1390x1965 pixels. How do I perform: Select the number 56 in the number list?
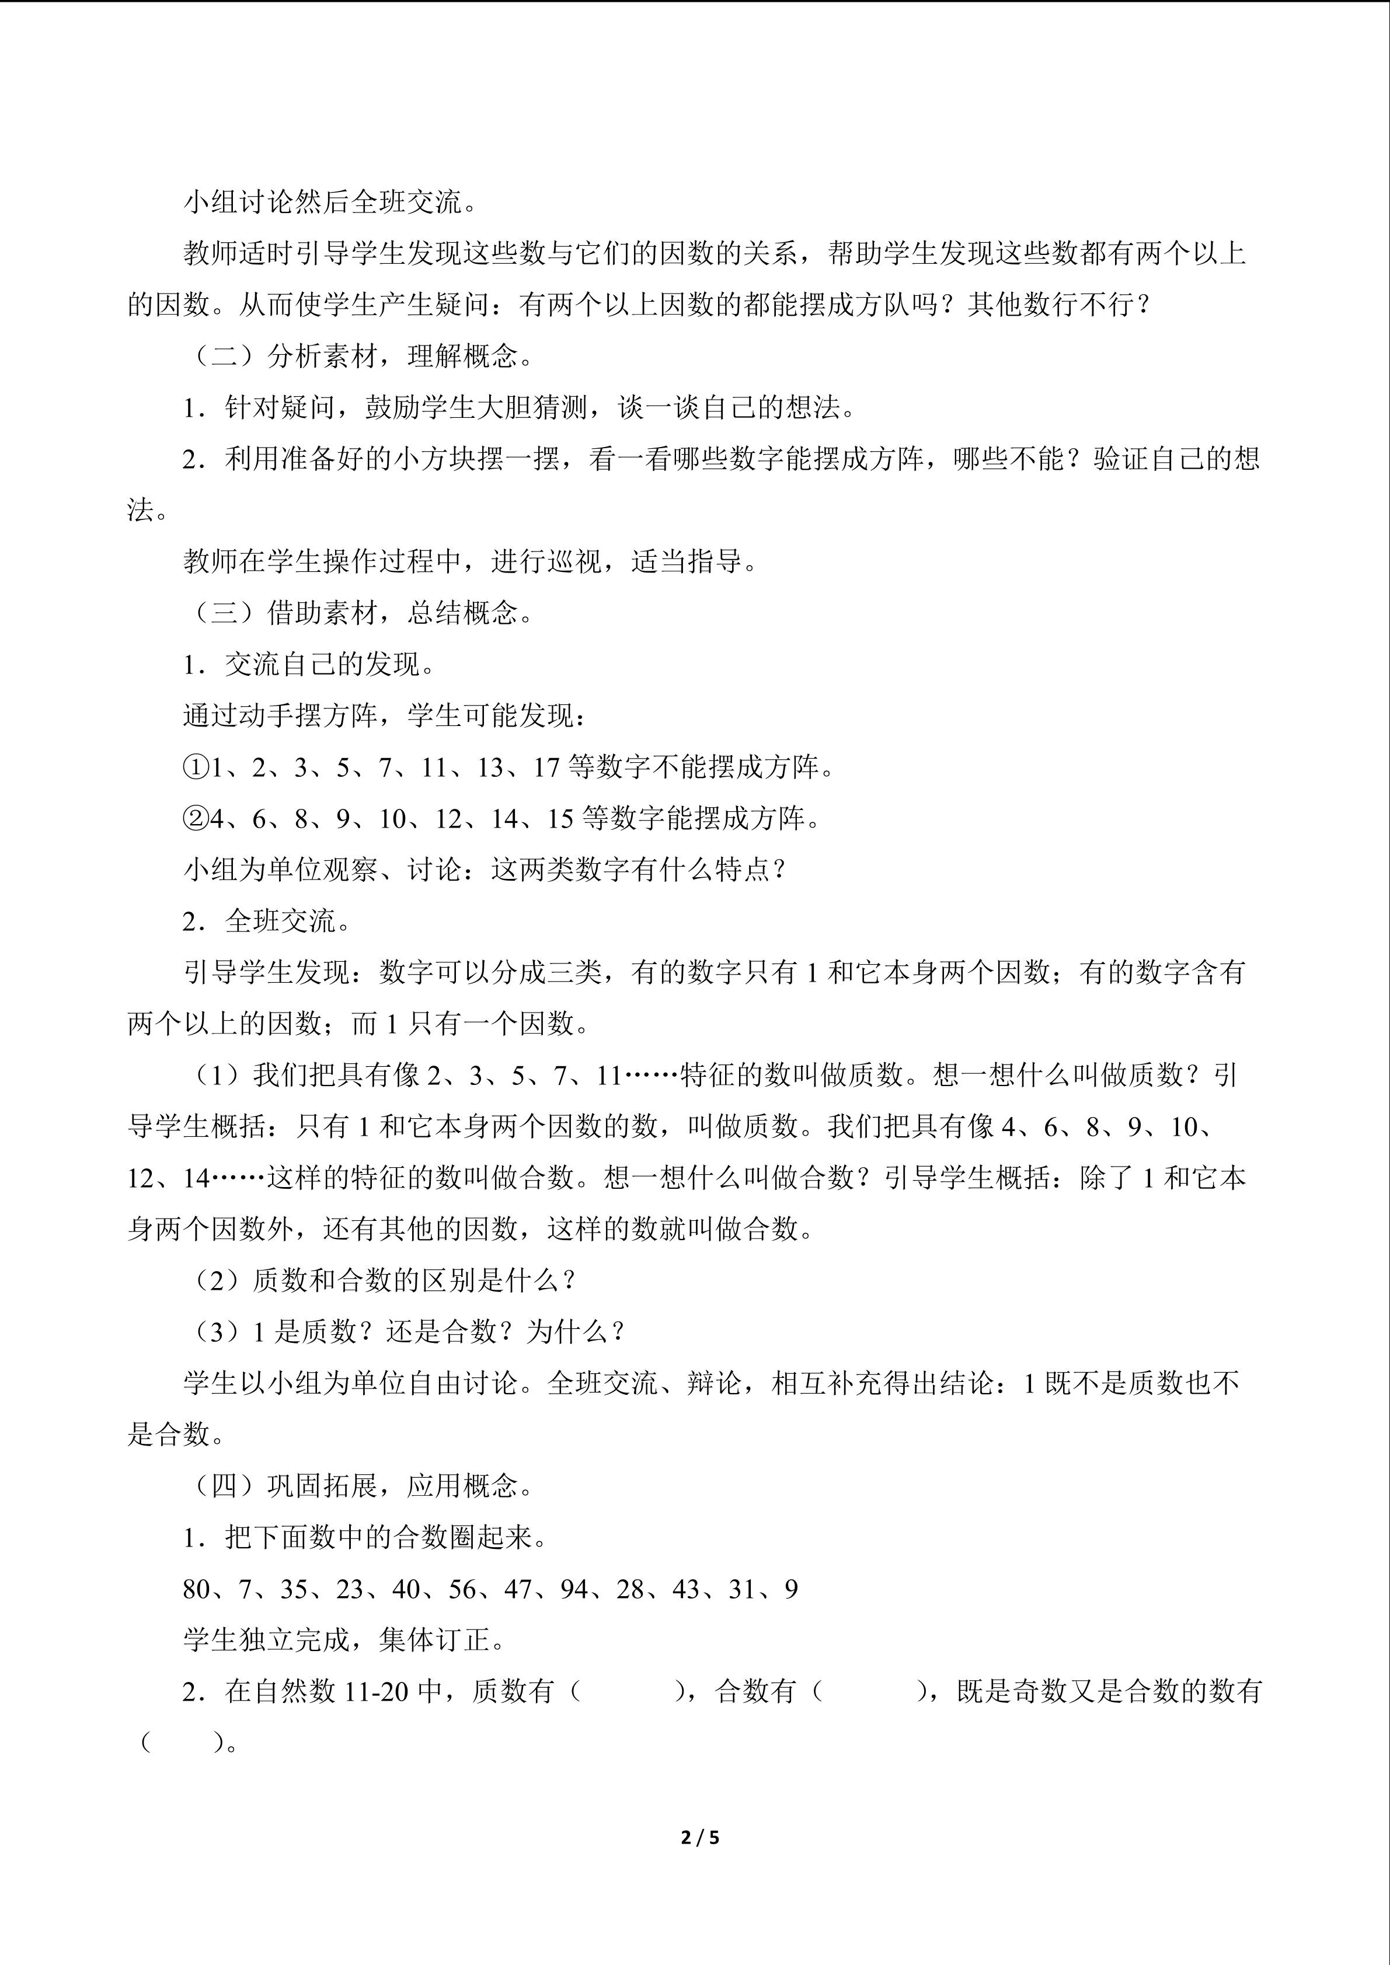tap(462, 1589)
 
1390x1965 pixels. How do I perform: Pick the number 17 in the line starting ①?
tap(546, 767)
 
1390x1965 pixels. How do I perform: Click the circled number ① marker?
tap(195, 767)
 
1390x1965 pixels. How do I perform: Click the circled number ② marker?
tap(195, 819)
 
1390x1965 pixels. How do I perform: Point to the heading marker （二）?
tap(224, 356)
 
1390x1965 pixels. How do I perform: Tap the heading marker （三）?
tap(224, 613)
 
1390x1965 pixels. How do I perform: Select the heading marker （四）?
tap(224, 1486)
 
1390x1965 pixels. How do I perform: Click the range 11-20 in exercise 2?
tap(377, 1692)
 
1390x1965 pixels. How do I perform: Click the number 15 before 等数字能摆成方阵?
tap(560, 819)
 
